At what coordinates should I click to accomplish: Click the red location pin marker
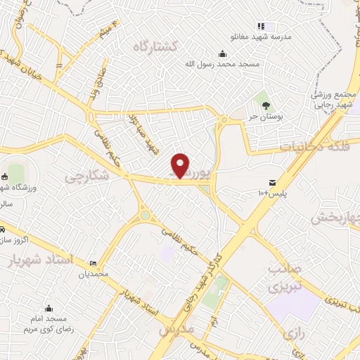tap(181, 165)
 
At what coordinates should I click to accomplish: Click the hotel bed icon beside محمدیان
tap(94, 264)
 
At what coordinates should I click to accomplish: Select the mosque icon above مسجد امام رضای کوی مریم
tap(49, 308)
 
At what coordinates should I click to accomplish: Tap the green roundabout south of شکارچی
tap(144, 215)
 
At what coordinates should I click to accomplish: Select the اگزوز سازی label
tap(13, 240)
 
